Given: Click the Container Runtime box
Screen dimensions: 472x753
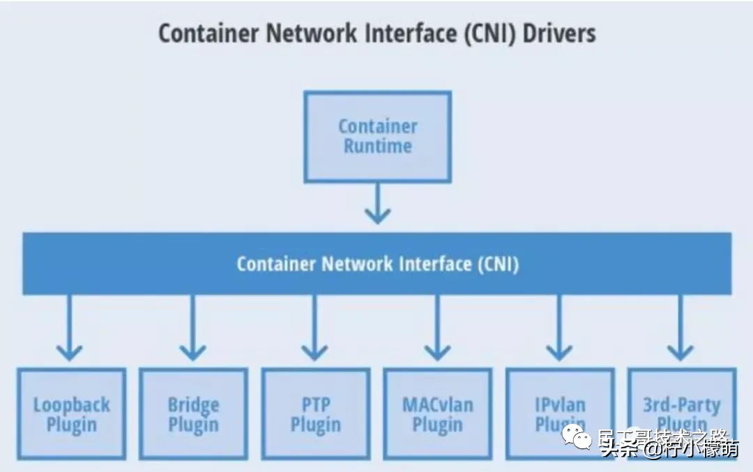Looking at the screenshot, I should click(x=377, y=137).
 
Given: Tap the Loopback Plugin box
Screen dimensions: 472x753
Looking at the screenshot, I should click(x=71, y=414).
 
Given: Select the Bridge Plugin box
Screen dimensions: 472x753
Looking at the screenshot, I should click(x=193, y=414).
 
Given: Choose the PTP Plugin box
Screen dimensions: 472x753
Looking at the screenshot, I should click(x=315, y=414).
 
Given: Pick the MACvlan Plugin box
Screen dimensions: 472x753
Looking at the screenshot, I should click(x=437, y=414).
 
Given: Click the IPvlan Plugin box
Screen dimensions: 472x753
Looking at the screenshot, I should click(x=559, y=414).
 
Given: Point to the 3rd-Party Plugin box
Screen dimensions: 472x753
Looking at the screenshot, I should click(x=681, y=414).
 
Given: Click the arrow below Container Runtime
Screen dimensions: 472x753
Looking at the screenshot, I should click(x=377, y=203).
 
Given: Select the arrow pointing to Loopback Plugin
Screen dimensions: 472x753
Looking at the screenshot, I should click(x=69, y=328).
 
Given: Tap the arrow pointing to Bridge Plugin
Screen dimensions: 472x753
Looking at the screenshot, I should click(x=192, y=328).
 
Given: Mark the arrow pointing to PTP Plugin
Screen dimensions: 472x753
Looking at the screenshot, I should click(x=314, y=328).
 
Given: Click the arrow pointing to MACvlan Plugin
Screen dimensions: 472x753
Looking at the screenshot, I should click(x=437, y=328).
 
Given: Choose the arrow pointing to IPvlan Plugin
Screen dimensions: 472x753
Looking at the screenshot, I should click(x=559, y=328).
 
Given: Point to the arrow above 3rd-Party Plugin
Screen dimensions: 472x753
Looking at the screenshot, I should click(x=680, y=328).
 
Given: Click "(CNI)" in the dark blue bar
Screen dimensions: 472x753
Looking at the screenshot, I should click(x=498, y=264).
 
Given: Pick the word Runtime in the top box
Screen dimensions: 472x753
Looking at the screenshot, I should click(x=377, y=146).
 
